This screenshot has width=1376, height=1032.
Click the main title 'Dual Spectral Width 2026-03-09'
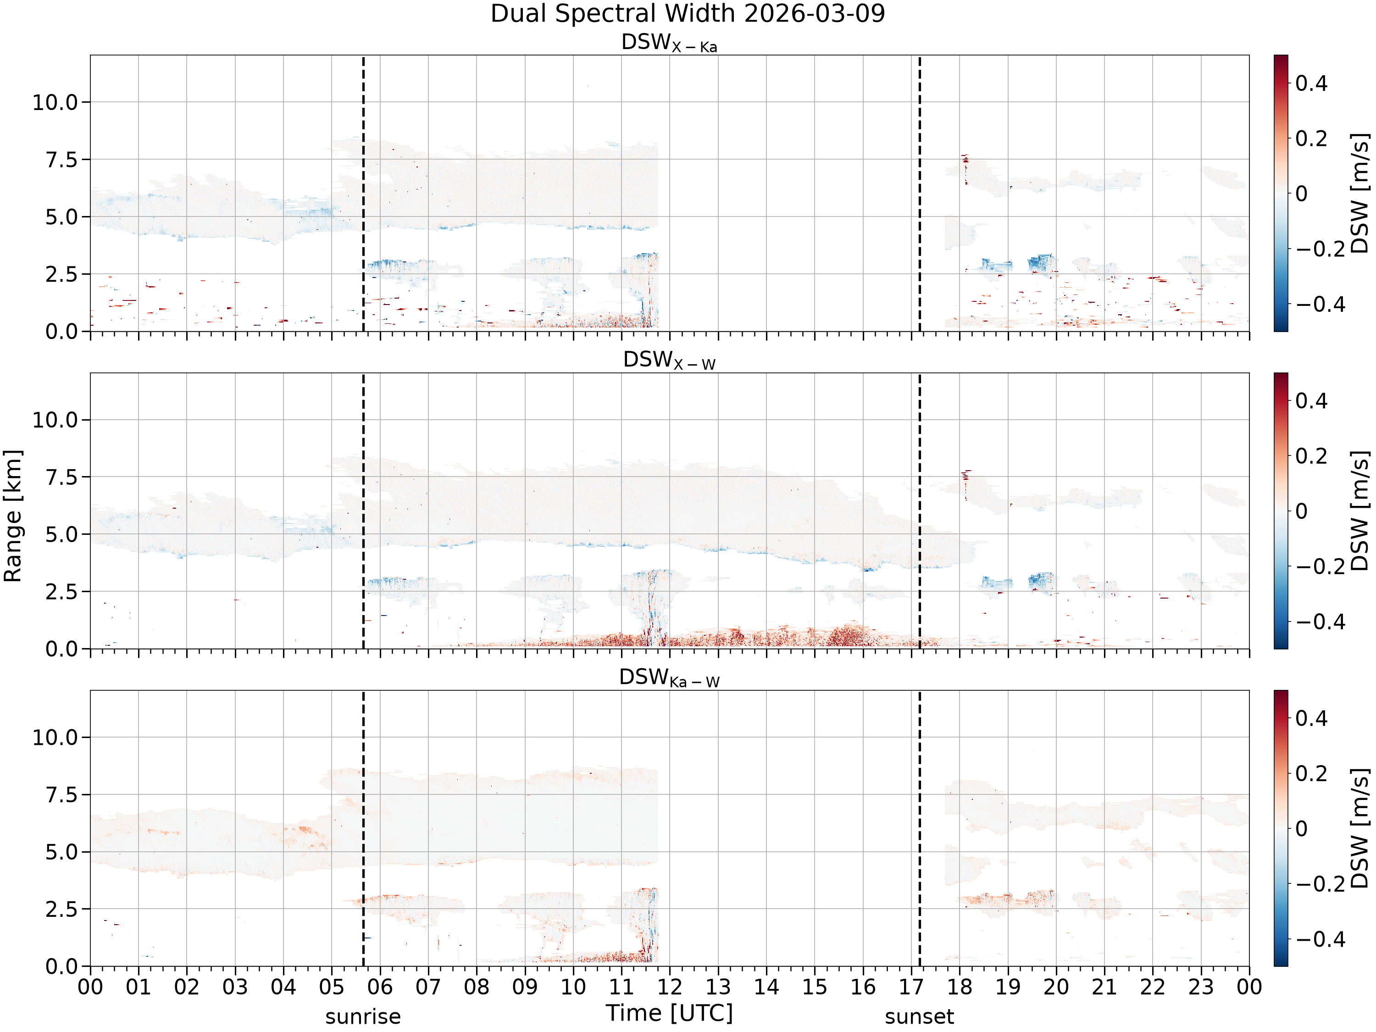[688, 14]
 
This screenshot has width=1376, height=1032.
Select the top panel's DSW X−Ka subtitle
[669, 43]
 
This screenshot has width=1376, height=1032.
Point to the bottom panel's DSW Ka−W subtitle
[669, 677]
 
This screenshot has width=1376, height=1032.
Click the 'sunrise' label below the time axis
[363, 1016]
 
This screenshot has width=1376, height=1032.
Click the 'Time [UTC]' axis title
[669, 1013]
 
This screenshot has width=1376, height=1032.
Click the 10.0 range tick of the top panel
[55, 102]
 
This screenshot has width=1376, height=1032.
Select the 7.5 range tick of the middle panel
[62, 477]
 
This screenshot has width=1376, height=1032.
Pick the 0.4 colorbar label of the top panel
[1311, 83]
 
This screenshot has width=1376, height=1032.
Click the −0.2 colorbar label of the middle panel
[1320, 566]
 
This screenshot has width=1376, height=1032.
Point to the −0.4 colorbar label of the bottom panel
[1320, 939]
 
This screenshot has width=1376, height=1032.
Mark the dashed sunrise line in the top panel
[363, 194]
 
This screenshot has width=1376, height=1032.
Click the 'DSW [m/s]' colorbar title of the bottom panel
[1360, 828]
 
